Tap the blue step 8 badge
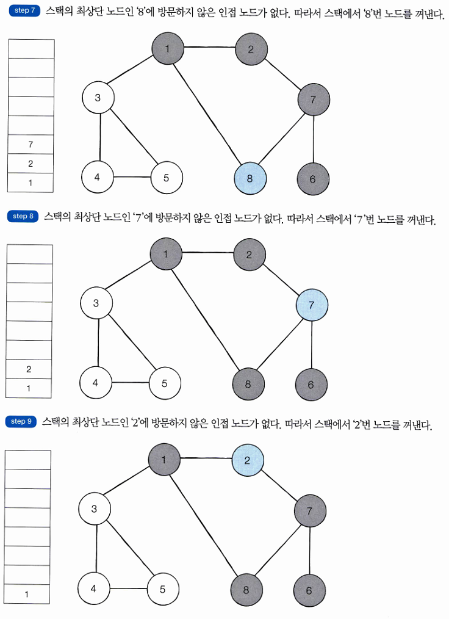(23, 216)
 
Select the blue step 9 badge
(21, 421)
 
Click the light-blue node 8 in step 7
(250, 179)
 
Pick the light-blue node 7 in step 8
(311, 305)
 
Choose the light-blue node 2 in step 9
(247, 460)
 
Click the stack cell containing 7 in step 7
(31, 144)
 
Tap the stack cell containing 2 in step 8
(29, 369)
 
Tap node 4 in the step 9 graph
(94, 589)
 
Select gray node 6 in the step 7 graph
(313, 179)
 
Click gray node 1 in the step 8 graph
(166, 253)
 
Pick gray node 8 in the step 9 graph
(246, 590)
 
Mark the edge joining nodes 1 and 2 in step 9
(206, 459)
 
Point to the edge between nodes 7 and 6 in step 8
(312, 344)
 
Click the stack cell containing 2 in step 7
(31, 164)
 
